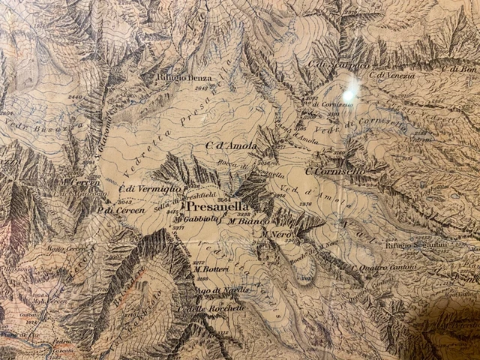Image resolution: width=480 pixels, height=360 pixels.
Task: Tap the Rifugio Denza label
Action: (184, 78)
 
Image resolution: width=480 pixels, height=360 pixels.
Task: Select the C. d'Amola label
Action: (231, 145)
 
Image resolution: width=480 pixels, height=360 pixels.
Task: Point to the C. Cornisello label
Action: (335, 172)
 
